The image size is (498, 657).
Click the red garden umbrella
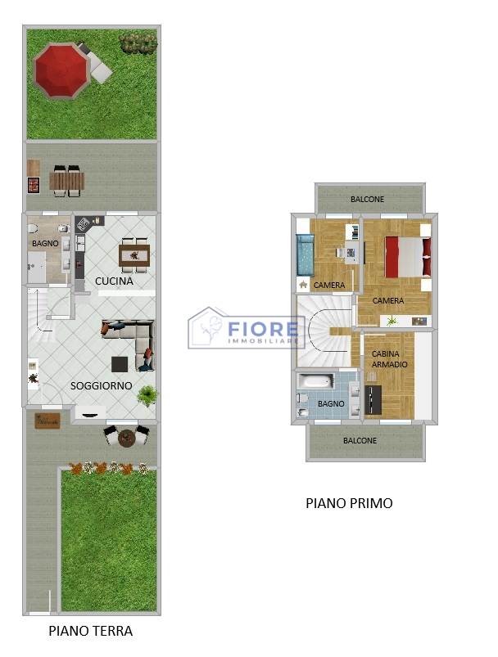tap(61, 70)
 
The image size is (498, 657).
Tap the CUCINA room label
tap(114, 281)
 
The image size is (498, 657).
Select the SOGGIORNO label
tap(101, 386)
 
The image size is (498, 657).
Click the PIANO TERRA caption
tap(91, 631)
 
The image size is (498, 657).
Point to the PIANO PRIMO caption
tap(349, 503)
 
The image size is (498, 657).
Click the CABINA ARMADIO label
tap(389, 359)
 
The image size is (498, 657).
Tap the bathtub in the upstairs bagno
tap(315, 381)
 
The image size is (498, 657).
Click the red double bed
tap(408, 257)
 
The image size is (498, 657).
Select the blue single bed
tap(305, 254)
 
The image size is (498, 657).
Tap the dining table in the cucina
tap(134, 255)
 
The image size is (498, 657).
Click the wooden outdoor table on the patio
tap(67, 182)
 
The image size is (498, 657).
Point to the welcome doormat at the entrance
tap(48, 421)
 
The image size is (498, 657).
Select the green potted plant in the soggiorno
tap(147, 395)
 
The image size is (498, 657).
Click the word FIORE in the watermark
tap(263, 329)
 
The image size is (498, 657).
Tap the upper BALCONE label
tap(367, 199)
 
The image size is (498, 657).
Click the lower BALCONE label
tap(360, 440)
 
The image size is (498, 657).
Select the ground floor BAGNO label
tap(45, 243)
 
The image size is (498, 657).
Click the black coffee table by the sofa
tap(120, 364)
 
